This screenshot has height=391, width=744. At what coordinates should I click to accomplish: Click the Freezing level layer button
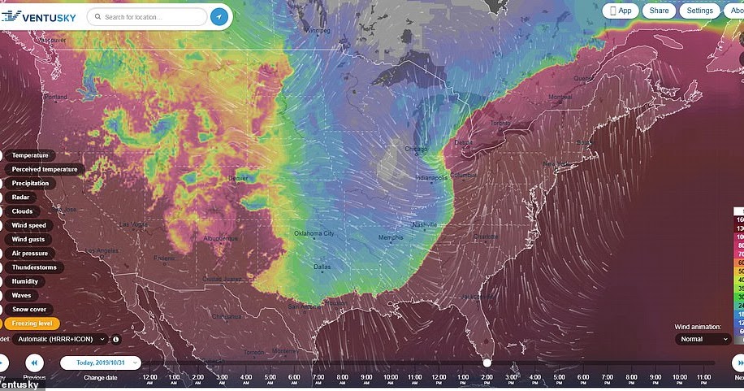(30, 324)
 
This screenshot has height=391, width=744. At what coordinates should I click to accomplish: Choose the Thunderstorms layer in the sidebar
(34, 267)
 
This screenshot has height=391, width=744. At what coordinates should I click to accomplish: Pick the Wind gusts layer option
(28, 240)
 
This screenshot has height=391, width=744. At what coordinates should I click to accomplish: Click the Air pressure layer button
(29, 254)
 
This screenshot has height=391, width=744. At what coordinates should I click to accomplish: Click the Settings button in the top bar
(699, 11)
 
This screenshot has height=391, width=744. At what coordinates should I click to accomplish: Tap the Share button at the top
(659, 11)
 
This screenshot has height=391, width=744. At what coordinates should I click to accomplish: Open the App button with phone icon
(620, 11)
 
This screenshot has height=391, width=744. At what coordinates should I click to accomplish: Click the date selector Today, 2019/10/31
(101, 363)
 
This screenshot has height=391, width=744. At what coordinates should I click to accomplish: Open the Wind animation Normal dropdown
(703, 339)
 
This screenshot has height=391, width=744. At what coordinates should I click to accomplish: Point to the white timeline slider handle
(487, 363)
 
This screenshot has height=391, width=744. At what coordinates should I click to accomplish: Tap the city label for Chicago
(416, 149)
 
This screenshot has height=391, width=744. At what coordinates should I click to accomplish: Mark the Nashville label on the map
(425, 224)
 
